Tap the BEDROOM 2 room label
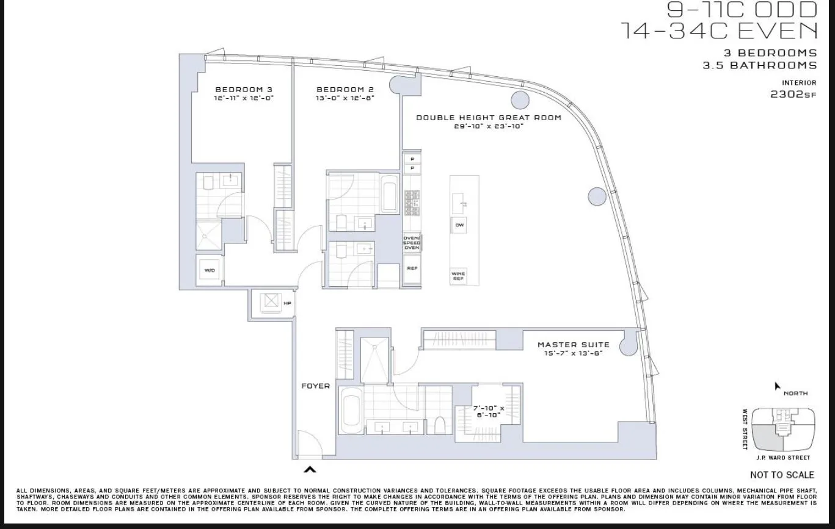[x=345, y=89]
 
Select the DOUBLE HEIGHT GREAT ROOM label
[x=488, y=118]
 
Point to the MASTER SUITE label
[x=573, y=345]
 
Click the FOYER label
[x=315, y=386]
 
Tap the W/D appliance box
[x=210, y=270]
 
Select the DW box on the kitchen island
[x=459, y=225]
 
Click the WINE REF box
[x=459, y=276]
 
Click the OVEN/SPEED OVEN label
[x=412, y=243]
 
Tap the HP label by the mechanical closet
[x=286, y=303]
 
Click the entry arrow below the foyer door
[x=310, y=469]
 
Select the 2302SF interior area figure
[x=793, y=95]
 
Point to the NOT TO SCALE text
[x=782, y=475]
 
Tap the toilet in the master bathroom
[x=439, y=424]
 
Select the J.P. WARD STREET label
[x=783, y=458]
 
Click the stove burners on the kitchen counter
[x=412, y=203]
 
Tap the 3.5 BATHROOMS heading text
[x=759, y=65]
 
